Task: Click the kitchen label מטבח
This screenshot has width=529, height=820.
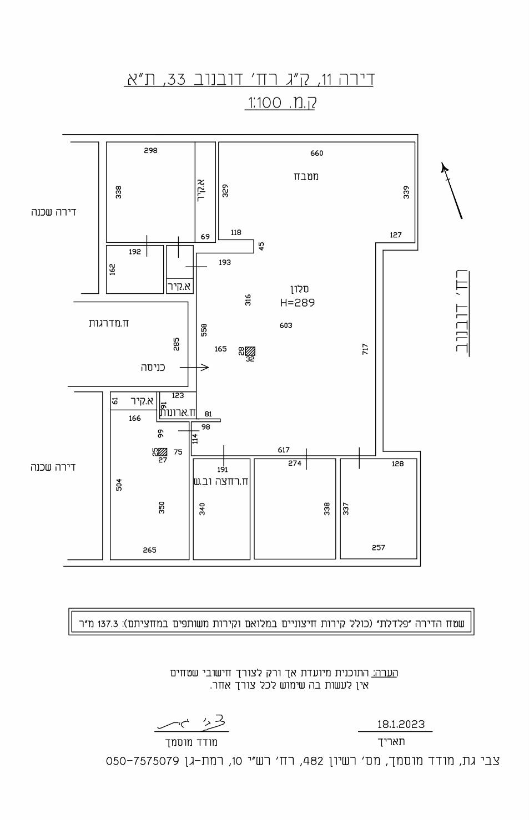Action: tap(306, 176)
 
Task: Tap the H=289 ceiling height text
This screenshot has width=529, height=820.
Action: tap(298, 303)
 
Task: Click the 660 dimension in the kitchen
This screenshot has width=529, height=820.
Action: tap(316, 153)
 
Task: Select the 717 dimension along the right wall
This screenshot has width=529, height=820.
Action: tap(365, 349)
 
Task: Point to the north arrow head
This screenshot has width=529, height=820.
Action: tap(445, 168)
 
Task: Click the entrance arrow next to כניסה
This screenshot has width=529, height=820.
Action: tap(194, 367)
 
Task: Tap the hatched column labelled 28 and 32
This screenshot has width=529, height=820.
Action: tap(250, 351)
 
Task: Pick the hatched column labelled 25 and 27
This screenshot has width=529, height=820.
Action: tap(163, 452)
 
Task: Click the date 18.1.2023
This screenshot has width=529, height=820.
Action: tap(401, 724)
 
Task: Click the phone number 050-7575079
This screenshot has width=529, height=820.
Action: tap(143, 761)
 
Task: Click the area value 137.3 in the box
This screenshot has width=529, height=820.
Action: tap(108, 623)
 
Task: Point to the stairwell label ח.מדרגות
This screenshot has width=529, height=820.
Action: tap(109, 323)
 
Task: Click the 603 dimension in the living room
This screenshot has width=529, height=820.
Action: tap(286, 325)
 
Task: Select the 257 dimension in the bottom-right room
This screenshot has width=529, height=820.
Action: tap(379, 547)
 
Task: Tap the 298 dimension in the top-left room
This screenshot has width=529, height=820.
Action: tap(150, 150)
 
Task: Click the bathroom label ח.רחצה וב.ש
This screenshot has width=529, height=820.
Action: tap(221, 481)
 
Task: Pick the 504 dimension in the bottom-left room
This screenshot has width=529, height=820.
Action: tap(119, 484)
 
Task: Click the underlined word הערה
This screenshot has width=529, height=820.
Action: tap(386, 673)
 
